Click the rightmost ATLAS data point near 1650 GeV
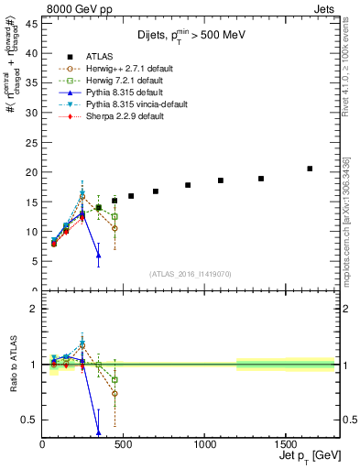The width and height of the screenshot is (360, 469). pyautogui.click(x=310, y=169)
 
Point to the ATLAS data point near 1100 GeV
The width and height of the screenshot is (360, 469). pyautogui.click(x=221, y=180)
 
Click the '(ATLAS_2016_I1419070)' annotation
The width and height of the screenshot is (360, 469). pyautogui.click(x=191, y=274)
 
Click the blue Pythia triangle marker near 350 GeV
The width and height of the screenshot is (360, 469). pyautogui.click(x=98, y=254)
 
